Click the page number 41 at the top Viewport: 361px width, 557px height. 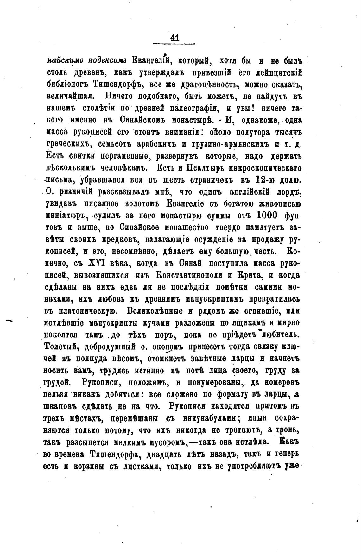174,38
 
